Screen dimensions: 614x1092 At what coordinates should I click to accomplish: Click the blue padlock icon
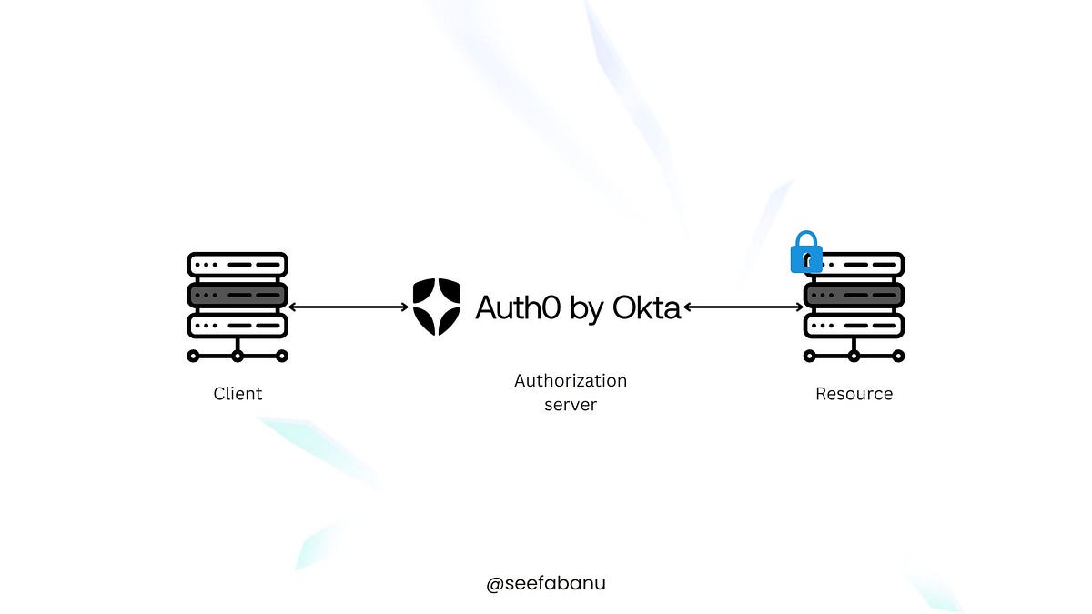[806, 252]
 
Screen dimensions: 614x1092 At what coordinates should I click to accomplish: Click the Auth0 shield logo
[436, 307]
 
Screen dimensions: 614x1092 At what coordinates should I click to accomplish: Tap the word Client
[238, 394]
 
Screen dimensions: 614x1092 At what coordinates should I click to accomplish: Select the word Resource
[854, 394]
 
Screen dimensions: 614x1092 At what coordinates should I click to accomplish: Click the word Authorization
[571, 380]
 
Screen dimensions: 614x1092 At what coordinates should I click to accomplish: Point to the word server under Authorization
[571, 405]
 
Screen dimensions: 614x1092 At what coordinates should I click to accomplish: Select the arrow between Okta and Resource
[743, 307]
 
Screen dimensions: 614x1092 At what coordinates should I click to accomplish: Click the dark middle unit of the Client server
[238, 295]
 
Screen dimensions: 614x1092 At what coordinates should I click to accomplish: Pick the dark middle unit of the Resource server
[854, 295]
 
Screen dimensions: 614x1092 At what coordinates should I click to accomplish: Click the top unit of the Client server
[238, 265]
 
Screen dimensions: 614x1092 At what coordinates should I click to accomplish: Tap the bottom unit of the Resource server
[854, 325]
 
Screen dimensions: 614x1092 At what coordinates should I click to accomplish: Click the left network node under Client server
[193, 356]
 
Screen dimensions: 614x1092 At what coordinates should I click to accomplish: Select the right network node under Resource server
[898, 356]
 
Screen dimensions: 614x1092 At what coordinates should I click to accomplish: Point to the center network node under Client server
[238, 356]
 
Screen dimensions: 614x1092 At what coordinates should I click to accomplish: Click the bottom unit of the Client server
[238, 325]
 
